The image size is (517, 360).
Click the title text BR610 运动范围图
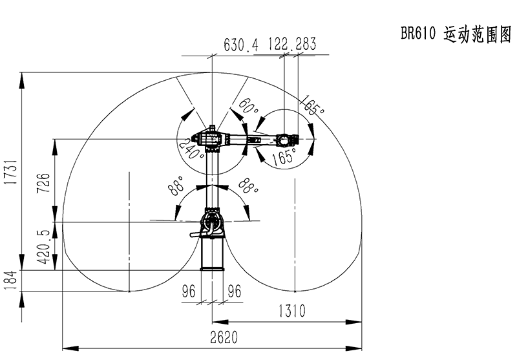pos(456,34)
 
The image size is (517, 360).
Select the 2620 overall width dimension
pos(224,337)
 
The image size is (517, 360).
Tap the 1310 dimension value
pos(292,311)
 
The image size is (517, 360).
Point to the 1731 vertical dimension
pos(12,172)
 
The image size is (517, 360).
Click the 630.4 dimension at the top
pos(241,45)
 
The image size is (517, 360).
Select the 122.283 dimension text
pos(292,43)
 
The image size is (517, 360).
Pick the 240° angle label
pos(191,149)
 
